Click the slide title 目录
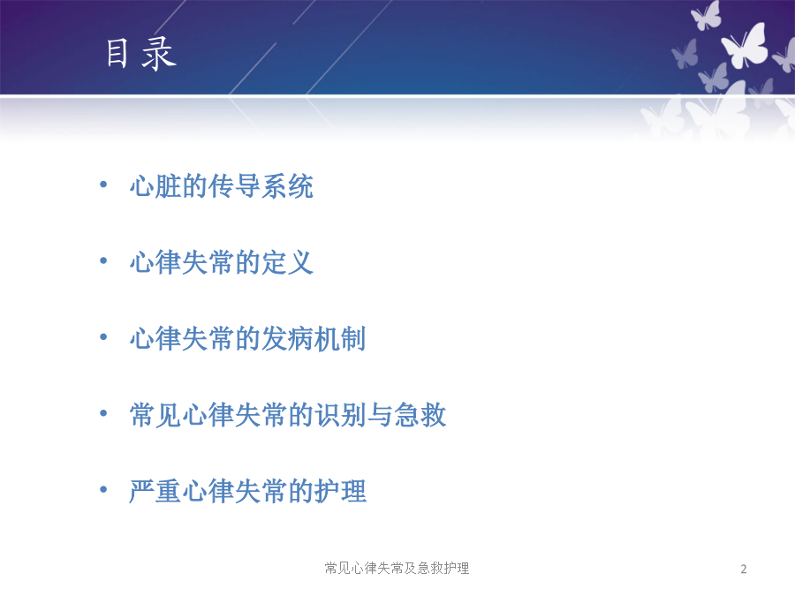(x=141, y=54)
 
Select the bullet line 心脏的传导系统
(x=222, y=186)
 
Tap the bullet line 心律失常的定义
(x=222, y=262)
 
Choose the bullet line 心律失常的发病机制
(x=248, y=338)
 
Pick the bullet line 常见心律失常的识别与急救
(x=288, y=415)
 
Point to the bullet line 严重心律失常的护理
(x=248, y=491)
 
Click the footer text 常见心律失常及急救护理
(x=397, y=568)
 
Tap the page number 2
(x=743, y=570)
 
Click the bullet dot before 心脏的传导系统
(x=103, y=185)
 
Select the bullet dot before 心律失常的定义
(x=103, y=261)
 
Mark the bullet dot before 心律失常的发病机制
(x=103, y=337)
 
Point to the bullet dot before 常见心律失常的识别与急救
(x=103, y=413)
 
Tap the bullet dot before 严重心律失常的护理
(x=103, y=489)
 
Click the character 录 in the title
(x=159, y=54)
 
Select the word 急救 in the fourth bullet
(x=420, y=415)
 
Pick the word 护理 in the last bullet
(x=340, y=491)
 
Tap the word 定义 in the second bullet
(x=287, y=262)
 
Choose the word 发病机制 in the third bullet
(x=314, y=338)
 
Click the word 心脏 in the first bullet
(x=155, y=186)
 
